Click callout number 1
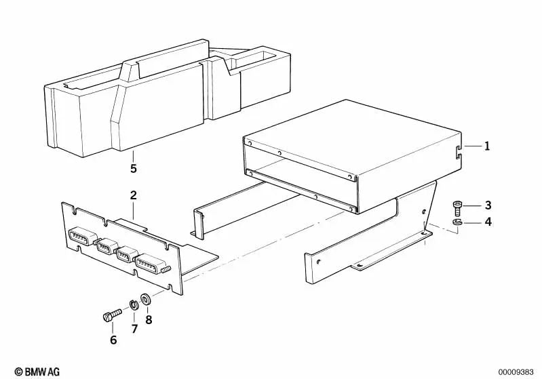[x=486, y=146]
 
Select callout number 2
[x=134, y=195]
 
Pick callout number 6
[x=113, y=340]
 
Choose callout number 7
[x=134, y=329]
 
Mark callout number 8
[x=148, y=318]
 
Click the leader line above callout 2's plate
[x=134, y=209]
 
